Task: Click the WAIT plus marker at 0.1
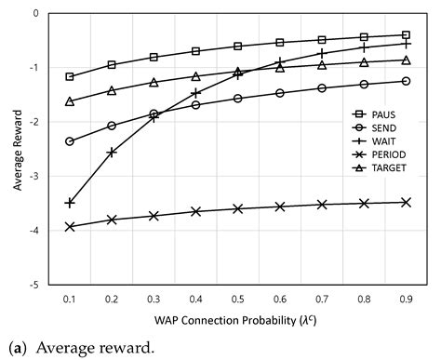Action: pos(70,202)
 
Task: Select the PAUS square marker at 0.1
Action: pos(70,76)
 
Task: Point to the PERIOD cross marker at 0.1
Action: pos(70,226)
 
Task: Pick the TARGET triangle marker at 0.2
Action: pos(112,90)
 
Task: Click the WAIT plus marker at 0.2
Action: pos(112,152)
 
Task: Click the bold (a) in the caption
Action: pos(16,349)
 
